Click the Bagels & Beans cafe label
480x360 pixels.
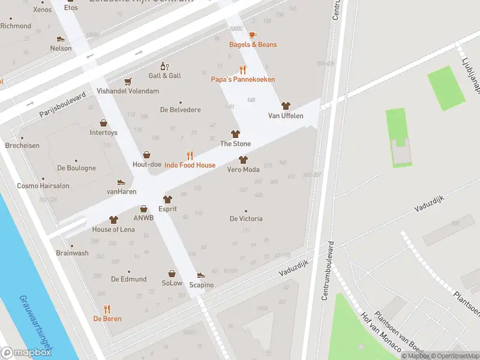tap(253, 44)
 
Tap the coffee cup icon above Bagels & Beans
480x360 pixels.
tap(252, 35)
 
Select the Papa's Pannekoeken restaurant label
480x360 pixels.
tap(242, 79)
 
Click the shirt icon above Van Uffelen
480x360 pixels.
tap(286, 106)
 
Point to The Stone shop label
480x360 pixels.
tap(235, 143)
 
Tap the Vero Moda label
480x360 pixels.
tap(243, 169)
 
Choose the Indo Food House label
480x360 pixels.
tap(190, 165)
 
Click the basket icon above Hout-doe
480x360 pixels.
tap(146, 155)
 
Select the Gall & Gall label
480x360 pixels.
tap(164, 76)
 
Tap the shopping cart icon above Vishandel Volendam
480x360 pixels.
tap(127, 82)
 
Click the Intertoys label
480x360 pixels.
tap(104, 132)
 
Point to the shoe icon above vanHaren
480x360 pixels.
tap(121, 182)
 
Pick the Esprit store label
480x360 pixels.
tap(167, 209)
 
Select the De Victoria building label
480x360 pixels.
tap(246, 218)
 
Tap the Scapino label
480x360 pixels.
tap(201, 284)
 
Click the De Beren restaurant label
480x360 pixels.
tap(107, 319)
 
